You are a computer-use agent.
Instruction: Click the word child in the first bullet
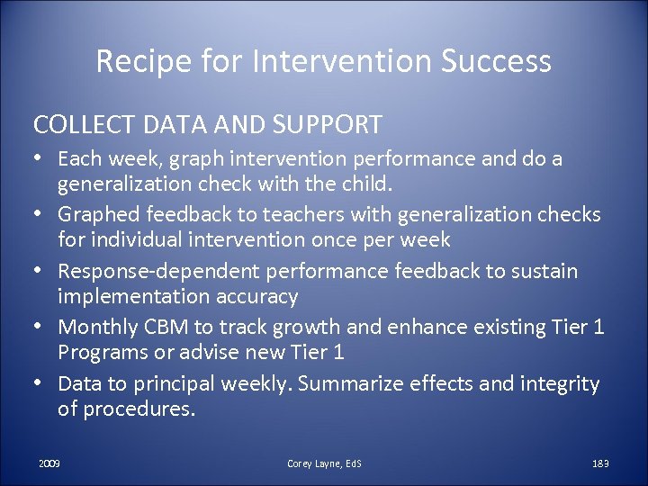[369, 185]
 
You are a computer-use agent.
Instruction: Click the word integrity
[561, 383]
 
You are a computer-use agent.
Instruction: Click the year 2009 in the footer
[49, 463]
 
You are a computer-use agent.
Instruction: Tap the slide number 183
[600, 463]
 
